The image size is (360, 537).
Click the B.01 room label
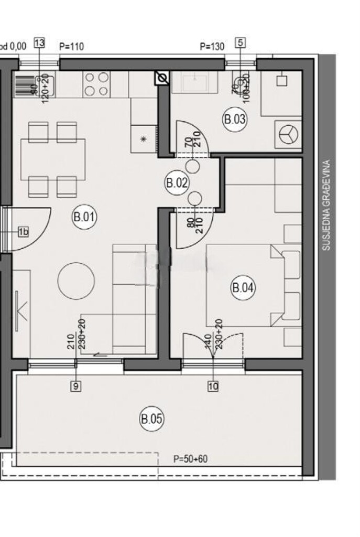coord(84,218)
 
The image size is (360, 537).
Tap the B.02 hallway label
coord(177,183)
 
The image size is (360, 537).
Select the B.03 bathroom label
coord(235,119)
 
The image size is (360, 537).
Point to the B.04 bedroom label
coord(243,287)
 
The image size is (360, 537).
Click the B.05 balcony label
coord(152,419)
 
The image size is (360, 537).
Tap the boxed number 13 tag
coord(39,44)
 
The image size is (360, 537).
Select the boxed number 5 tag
coord(240,44)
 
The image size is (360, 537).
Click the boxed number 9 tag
coord(76,387)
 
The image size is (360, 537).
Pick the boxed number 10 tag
coord(213,387)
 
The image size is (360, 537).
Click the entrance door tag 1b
coord(23,231)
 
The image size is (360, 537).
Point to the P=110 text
coord(72,47)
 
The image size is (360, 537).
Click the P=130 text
coord(212,47)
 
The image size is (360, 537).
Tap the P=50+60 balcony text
coord(190,459)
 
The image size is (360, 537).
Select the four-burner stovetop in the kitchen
coord(96,84)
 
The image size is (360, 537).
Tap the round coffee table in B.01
coord(76,281)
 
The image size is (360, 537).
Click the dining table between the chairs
coord(53,158)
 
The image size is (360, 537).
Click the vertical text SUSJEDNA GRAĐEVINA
coord(326,205)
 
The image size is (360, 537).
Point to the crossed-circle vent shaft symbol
coord(162,78)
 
